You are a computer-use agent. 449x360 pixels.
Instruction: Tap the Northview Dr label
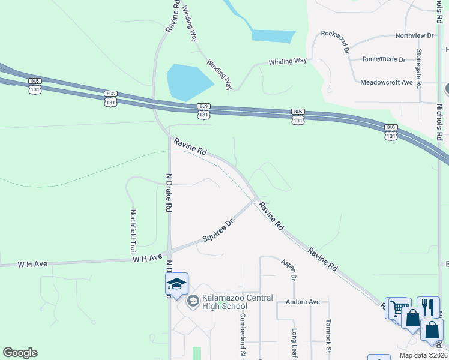click(414, 35)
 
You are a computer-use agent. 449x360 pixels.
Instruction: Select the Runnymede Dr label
click(384, 59)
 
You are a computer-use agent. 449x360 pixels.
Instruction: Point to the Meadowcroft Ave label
click(387, 82)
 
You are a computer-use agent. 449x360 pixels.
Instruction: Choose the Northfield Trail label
click(133, 231)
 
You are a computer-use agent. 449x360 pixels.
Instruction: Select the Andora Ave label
click(303, 302)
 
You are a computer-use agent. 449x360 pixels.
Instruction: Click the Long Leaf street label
click(295, 343)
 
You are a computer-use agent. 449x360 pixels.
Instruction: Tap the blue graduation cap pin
click(176, 284)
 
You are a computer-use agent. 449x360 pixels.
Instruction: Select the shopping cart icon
click(399, 308)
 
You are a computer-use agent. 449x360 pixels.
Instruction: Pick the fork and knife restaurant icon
click(428, 307)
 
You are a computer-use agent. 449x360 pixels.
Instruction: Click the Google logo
click(20, 353)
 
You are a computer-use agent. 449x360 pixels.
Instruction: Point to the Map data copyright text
click(423, 355)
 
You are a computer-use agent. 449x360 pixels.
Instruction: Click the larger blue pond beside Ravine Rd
click(187, 82)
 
